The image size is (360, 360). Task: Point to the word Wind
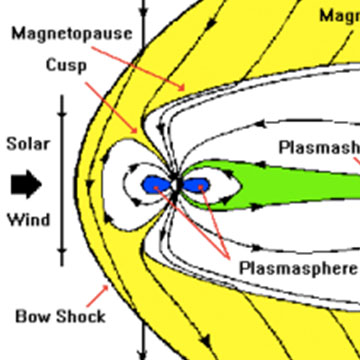click(x=27, y=219)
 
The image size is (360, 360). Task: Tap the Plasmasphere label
click(x=297, y=268)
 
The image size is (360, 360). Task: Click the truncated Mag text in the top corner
click(x=338, y=15)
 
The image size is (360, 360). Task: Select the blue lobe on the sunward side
click(x=152, y=184)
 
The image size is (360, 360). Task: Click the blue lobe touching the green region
click(x=195, y=186)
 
